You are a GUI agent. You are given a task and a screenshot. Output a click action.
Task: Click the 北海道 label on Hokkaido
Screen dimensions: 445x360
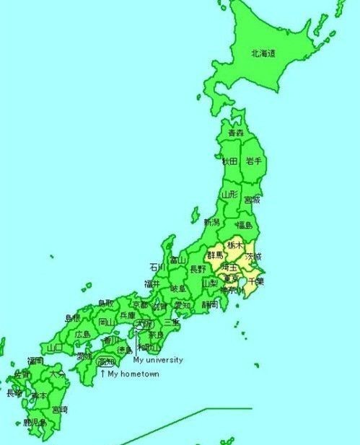click(262, 53)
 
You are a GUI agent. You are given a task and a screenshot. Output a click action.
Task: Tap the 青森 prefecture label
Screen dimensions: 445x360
click(235, 133)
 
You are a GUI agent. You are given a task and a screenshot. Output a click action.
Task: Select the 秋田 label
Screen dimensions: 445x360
click(229, 161)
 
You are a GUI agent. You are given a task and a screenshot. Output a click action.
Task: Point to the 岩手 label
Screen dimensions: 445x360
click(253, 161)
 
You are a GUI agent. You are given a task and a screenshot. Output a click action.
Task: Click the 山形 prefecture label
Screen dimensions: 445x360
click(229, 194)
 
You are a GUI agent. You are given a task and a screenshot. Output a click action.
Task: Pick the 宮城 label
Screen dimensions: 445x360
click(252, 199)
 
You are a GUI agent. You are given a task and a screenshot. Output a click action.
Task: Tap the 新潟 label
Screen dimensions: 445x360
click(211, 222)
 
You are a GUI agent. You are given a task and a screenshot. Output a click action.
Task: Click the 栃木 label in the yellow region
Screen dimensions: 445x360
click(234, 245)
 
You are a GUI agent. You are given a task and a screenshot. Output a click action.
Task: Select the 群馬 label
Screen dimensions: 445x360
click(215, 255)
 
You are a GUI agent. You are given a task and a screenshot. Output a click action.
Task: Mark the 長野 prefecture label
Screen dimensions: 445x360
click(197, 269)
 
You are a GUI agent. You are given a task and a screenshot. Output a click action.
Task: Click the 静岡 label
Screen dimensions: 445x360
click(210, 304)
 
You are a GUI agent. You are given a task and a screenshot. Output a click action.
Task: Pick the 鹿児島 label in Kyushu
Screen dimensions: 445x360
click(35, 421)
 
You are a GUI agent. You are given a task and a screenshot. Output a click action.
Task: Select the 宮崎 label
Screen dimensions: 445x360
click(60, 409)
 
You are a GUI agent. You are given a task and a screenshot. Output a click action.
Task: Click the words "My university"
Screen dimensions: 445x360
click(158, 360)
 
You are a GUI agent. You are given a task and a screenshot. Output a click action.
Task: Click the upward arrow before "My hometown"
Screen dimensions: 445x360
click(102, 374)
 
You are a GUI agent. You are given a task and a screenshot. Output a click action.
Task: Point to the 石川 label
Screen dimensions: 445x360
click(157, 266)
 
